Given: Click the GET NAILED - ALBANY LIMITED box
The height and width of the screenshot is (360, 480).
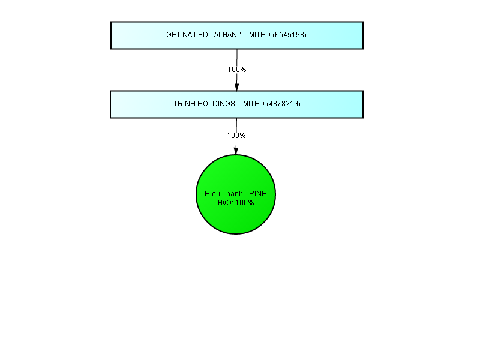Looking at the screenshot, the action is point(237,35).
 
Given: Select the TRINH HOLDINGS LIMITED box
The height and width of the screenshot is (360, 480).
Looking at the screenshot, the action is point(236,104).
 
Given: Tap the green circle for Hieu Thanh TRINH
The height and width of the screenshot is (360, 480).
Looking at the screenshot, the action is point(236,194).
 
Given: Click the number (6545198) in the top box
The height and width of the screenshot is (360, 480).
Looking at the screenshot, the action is point(289,35).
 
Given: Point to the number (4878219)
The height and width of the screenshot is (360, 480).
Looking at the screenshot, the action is point(283,104).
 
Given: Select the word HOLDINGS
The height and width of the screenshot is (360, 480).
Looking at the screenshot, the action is point(216,104).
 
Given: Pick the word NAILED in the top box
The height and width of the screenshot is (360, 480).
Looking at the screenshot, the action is point(196,35).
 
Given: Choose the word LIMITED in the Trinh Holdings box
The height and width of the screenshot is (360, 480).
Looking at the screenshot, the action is point(250,104).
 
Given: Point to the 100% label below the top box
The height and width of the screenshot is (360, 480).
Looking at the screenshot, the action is point(236,70).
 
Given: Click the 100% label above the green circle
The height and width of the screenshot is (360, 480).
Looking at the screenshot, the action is point(236,136).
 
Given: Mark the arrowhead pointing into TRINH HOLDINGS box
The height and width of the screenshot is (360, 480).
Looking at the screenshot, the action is point(236,87).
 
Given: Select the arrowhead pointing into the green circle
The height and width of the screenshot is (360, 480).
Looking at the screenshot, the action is point(236,151).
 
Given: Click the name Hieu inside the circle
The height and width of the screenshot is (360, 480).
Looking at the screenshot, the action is point(212,194).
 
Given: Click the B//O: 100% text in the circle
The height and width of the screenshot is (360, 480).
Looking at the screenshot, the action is point(236,203).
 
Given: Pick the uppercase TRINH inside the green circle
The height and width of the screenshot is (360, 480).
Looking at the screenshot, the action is point(256,194).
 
